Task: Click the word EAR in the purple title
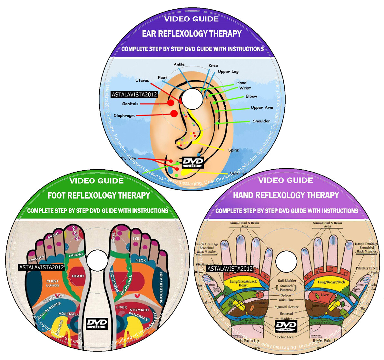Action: [149, 34]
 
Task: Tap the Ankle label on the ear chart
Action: [179, 64]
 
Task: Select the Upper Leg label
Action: [228, 72]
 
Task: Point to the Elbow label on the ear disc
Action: [251, 96]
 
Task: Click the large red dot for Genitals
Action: [171, 103]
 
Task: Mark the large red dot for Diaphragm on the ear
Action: [174, 114]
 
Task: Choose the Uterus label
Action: [142, 80]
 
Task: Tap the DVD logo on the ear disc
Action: [193, 162]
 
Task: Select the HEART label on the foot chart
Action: [78, 276]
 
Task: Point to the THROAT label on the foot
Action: [76, 255]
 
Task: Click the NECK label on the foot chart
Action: [141, 260]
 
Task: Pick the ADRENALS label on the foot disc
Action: [68, 314]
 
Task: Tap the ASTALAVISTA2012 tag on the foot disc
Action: [41, 267]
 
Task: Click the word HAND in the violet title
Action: [244, 195]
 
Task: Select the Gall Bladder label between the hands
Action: [287, 281]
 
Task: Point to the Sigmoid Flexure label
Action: [286, 307]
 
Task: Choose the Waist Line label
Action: [286, 300]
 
